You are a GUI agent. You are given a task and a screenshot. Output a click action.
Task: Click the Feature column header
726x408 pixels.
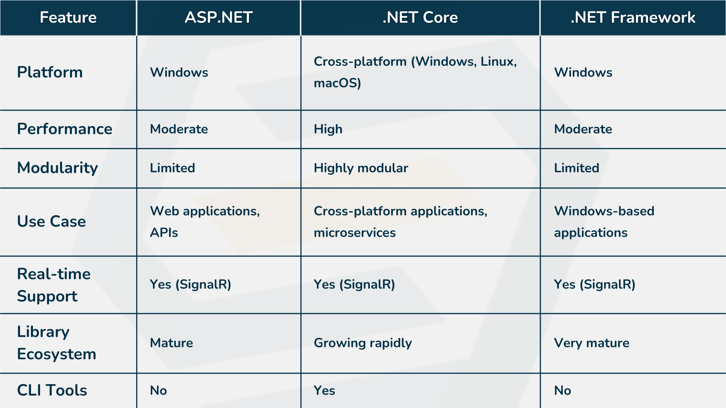pos(68,17)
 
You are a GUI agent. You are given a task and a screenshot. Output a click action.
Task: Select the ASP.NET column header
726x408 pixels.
pos(219,17)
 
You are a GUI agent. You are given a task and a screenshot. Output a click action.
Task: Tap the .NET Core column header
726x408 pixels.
pos(420,17)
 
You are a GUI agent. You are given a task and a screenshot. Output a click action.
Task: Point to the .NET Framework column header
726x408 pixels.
pos(633,17)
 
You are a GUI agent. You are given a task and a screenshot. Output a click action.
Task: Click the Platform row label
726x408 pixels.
pos(50,72)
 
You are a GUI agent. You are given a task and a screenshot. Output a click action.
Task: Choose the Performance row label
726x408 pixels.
pos(65,129)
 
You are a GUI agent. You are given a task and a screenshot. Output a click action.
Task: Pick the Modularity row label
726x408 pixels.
pos(57,168)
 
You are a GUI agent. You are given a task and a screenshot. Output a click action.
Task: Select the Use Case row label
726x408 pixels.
pos(51,221)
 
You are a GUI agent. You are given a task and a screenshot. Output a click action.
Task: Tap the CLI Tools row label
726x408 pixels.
pos(52,390)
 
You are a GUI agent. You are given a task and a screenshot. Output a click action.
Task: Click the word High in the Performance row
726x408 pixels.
pos(328,129)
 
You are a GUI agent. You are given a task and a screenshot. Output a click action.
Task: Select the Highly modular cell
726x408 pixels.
pos(361,168)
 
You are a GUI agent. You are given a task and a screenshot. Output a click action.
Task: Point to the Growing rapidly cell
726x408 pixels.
pos(363,343)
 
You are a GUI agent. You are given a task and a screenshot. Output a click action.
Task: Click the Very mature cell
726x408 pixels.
pos(591,343)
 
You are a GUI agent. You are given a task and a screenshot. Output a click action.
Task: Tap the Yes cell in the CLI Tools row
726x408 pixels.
pos(324,391)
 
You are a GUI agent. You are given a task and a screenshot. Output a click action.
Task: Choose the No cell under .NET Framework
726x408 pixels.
pos(563,391)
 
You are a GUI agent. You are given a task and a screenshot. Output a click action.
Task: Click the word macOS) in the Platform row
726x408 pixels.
pos(337,83)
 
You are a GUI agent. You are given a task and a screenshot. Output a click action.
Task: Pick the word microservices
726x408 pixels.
pos(355,233)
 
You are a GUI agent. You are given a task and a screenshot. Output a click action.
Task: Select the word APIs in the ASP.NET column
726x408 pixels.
pos(164,233)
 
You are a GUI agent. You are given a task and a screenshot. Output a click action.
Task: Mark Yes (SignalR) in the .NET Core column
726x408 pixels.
pos(354,284)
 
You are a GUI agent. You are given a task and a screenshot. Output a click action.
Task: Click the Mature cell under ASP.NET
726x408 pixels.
pos(171,343)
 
